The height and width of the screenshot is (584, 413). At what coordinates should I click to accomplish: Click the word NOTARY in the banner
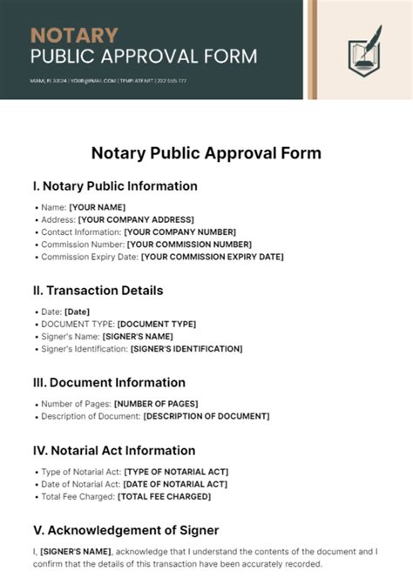(x=74, y=36)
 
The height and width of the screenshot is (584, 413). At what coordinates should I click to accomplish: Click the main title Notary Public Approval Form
(x=206, y=153)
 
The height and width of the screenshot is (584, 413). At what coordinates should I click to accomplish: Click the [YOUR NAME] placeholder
(x=98, y=207)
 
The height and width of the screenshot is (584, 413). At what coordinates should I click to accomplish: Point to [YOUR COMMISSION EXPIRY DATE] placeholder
(x=212, y=257)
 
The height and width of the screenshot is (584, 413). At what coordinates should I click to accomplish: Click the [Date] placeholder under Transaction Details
(x=77, y=312)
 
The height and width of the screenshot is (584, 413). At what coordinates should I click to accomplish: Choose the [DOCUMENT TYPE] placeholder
(x=157, y=324)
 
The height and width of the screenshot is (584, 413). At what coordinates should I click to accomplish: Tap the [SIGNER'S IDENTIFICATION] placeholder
(x=186, y=349)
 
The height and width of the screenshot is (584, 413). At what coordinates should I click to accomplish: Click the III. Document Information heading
(x=109, y=383)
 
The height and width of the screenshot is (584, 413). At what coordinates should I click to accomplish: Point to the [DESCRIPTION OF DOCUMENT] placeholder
(x=206, y=416)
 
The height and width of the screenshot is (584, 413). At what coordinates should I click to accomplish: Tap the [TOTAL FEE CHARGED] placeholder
(x=165, y=497)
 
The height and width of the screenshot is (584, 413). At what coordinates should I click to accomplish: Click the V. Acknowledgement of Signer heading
(x=125, y=530)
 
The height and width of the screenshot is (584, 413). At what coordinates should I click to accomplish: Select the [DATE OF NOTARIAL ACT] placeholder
(x=175, y=484)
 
